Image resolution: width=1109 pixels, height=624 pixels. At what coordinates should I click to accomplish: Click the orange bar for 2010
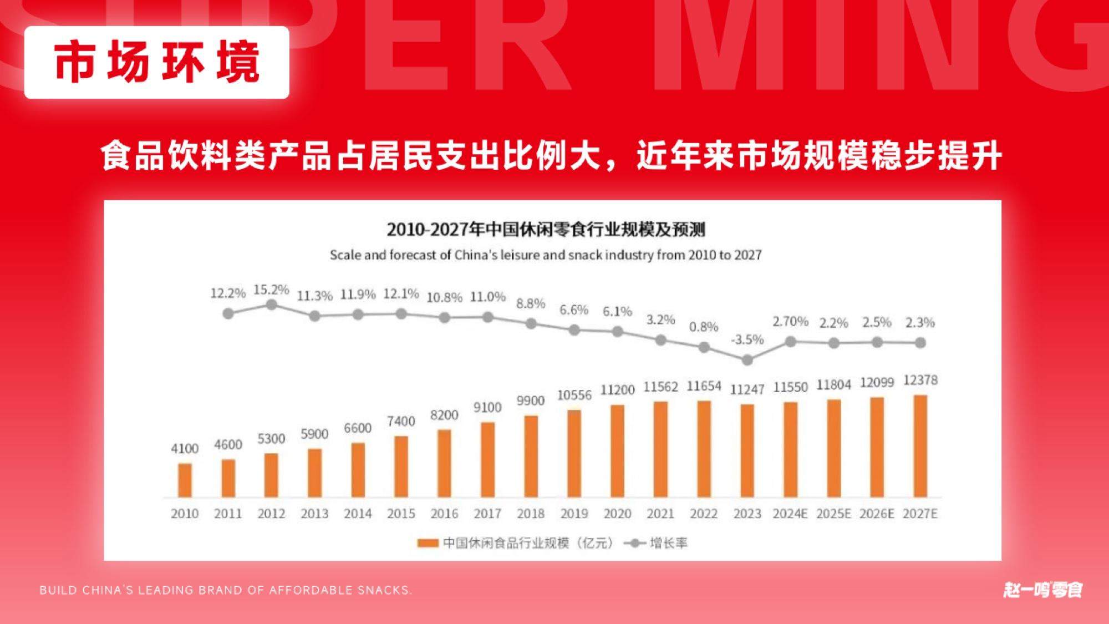pyautogui.click(x=185, y=480)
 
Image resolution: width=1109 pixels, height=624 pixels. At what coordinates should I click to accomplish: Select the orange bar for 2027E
pyautogui.click(x=920, y=446)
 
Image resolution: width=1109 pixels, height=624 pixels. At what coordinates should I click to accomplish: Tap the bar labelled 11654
pyautogui.click(x=704, y=449)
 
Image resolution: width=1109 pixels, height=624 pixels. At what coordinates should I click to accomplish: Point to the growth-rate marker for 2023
pyautogui.click(x=747, y=360)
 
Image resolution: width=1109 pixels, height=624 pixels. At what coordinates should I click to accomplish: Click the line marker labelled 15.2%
pyautogui.click(x=272, y=305)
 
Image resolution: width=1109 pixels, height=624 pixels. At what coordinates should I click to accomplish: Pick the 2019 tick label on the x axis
pyautogui.click(x=574, y=514)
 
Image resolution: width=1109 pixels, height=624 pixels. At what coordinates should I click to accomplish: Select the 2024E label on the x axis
pyautogui.click(x=790, y=514)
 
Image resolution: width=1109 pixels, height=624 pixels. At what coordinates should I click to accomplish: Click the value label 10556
pyautogui.click(x=574, y=395)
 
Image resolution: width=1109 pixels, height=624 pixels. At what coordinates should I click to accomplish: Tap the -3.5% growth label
pyautogui.click(x=747, y=339)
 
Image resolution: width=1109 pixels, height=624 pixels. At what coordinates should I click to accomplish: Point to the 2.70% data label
pyautogui.click(x=791, y=321)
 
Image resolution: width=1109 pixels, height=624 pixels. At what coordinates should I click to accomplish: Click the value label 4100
pyautogui.click(x=185, y=448)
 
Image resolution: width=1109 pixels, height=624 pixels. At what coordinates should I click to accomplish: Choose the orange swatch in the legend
pyautogui.click(x=428, y=543)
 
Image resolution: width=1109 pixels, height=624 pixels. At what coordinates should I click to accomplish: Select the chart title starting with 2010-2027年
pyautogui.click(x=546, y=229)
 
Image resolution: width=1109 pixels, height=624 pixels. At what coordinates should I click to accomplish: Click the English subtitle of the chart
pyautogui.click(x=546, y=255)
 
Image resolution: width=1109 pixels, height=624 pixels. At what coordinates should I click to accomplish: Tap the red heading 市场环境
pyautogui.click(x=157, y=62)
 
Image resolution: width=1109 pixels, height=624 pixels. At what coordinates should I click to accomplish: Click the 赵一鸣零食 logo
pyautogui.click(x=1042, y=590)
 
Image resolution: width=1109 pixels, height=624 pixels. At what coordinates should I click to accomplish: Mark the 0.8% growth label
pyautogui.click(x=704, y=327)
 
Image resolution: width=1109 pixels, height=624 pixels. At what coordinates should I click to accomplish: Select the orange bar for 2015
pyautogui.click(x=401, y=466)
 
